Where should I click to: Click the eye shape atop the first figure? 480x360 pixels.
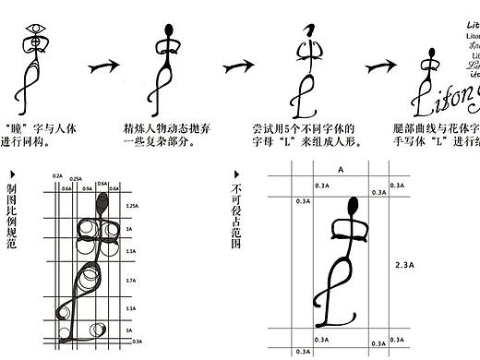(x=35, y=29)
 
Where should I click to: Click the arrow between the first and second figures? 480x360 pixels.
(x=104, y=66)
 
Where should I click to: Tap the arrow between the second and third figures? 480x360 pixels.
(x=237, y=66)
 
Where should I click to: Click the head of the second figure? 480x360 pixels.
(x=169, y=28)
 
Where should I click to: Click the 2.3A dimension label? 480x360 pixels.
(x=403, y=264)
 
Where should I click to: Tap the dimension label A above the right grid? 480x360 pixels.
(x=340, y=171)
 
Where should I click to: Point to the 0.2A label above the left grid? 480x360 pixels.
(x=57, y=175)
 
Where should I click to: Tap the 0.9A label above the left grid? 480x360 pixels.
(x=88, y=187)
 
